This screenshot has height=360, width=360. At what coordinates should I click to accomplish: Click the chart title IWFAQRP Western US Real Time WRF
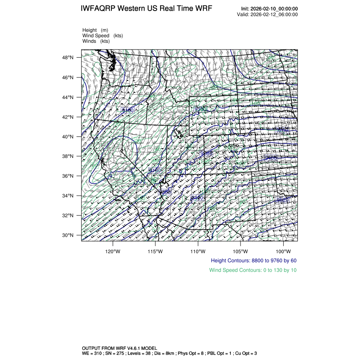[146, 8]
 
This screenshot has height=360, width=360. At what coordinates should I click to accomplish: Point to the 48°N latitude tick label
[68, 58]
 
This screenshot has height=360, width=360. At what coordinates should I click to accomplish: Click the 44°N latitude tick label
[68, 97]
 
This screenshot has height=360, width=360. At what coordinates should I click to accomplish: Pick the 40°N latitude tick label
[68, 137]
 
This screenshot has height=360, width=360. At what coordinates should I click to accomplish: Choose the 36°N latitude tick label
[68, 176]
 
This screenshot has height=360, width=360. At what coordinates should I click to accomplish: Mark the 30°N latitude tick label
[68, 235]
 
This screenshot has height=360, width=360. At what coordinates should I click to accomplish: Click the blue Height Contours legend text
[253, 260]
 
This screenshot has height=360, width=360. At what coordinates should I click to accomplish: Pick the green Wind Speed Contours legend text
[253, 270]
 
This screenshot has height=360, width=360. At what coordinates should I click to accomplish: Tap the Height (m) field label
[95, 30]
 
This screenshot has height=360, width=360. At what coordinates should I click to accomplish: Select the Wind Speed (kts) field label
[102, 36]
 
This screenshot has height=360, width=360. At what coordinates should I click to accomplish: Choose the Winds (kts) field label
[96, 41]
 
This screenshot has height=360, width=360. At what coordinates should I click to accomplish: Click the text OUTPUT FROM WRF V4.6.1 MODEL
[119, 348]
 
